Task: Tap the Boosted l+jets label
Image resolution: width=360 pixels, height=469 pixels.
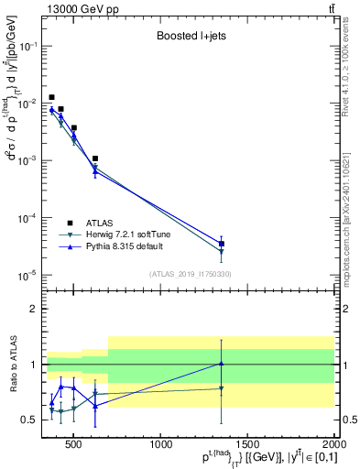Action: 189,38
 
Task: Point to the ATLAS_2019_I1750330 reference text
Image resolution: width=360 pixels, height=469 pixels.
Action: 190,274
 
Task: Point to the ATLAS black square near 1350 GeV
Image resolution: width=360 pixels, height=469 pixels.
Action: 222,244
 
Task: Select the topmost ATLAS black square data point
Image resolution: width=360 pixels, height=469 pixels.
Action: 51,97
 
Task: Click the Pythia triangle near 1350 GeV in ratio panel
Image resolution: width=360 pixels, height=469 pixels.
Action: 222,363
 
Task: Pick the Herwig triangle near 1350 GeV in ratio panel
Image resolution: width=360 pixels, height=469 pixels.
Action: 222,388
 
